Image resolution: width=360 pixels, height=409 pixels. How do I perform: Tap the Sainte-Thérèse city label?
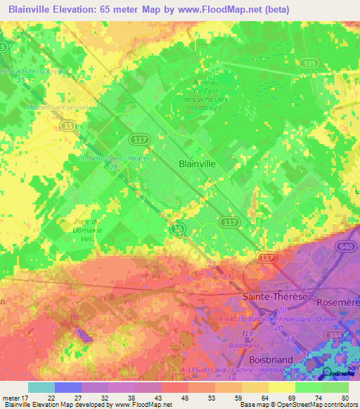point(276,297)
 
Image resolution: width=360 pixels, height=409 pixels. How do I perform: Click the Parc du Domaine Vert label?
point(89,230)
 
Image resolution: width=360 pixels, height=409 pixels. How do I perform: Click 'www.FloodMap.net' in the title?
point(221,9)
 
